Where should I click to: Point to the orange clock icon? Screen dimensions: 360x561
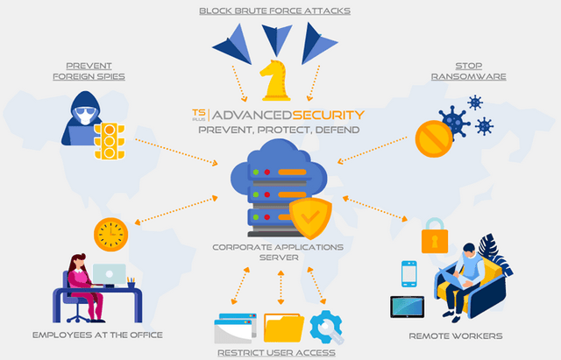(x=110, y=235)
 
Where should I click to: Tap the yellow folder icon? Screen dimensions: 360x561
(x=283, y=327)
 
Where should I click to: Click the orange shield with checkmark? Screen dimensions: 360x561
(x=309, y=216)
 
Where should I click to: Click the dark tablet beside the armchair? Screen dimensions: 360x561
(x=407, y=307)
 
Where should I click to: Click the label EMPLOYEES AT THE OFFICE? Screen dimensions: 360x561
(x=97, y=335)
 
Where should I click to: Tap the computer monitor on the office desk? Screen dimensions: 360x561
(x=109, y=274)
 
